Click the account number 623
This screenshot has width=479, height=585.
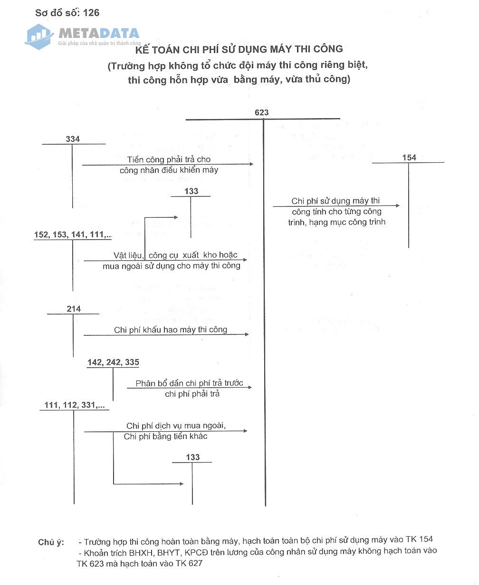tap(261, 112)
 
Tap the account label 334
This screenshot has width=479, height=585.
tap(73, 139)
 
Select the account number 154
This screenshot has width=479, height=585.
tap(409, 158)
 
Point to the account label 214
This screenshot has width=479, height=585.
tap(74, 309)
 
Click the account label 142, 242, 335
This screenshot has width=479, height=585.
tap(113, 362)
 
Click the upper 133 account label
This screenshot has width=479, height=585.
tap(191, 191)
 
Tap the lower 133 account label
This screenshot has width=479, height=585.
tap(193, 457)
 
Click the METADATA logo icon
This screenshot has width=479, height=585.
tap(39, 36)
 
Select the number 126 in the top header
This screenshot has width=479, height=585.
tap(91, 13)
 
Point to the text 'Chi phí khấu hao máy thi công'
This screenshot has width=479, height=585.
tap(171, 330)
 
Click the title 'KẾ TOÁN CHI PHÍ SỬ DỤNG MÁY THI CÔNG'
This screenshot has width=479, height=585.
tap(239, 49)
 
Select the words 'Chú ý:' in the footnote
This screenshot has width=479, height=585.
tap(51, 542)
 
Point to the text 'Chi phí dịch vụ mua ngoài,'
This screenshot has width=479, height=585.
tap(176, 426)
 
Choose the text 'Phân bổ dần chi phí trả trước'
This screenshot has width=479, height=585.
tap(189, 383)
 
